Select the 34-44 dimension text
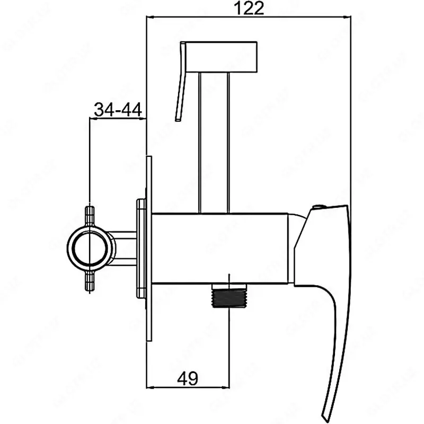[x=117, y=110]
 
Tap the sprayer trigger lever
[x=181, y=85]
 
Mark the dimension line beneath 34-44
[x=117, y=120]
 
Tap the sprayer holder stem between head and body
[x=214, y=143]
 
